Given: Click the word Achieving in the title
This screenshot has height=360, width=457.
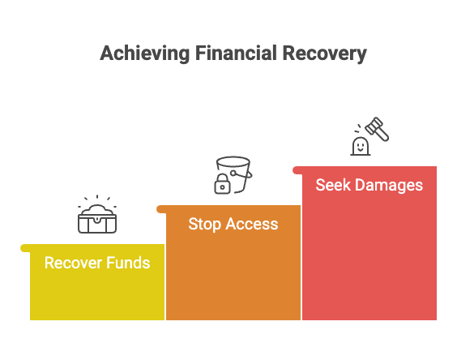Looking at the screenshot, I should (144, 54).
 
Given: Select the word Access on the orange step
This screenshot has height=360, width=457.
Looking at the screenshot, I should (251, 224).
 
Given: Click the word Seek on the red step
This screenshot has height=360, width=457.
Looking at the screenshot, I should (331, 185).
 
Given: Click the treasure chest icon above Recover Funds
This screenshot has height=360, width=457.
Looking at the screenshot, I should (97, 219).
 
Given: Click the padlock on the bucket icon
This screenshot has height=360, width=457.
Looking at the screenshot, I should (221, 186).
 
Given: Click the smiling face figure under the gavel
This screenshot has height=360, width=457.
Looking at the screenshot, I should (360, 146).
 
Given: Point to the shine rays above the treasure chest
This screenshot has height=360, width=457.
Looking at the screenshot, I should (97, 199).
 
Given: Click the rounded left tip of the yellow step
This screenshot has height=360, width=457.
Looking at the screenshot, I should (23, 247).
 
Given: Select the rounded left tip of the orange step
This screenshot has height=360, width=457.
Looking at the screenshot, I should (160, 208).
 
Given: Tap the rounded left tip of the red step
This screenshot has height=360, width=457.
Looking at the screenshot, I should (296, 169).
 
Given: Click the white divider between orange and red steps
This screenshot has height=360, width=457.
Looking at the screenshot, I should (301, 259).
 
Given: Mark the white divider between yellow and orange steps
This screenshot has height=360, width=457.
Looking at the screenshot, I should (165, 284).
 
